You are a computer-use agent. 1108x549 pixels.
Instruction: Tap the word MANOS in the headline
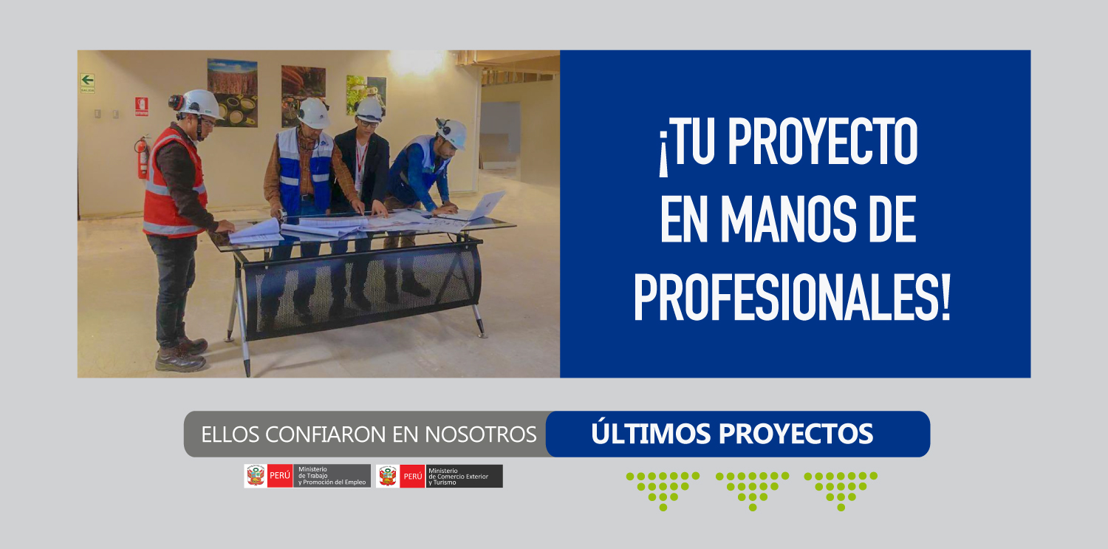[x=788, y=219]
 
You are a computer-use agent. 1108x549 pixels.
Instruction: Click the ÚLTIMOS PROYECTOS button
[x=737, y=434]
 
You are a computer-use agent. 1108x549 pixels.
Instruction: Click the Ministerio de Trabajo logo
[x=307, y=476]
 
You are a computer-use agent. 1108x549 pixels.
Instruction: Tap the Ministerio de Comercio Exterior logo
[x=440, y=476]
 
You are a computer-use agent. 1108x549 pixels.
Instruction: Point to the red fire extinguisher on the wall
[x=143, y=157]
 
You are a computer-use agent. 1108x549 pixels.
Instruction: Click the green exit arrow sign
[x=88, y=83]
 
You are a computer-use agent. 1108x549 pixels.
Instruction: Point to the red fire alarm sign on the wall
[x=142, y=106]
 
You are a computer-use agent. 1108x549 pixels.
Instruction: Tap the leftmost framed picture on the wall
[x=232, y=93]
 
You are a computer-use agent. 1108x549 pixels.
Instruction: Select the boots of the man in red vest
[x=182, y=354]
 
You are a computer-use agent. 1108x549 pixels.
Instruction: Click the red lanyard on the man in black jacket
[x=360, y=161]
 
